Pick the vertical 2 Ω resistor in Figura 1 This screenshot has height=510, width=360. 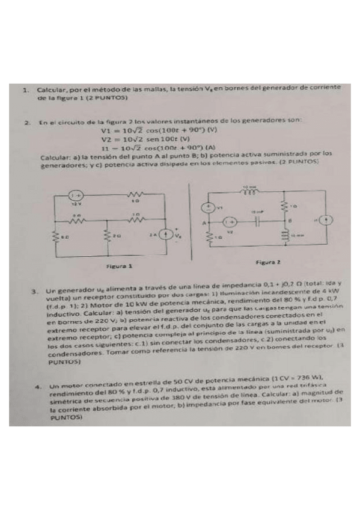[x=107, y=236]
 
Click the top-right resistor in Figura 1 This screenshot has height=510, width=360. [x=133, y=196]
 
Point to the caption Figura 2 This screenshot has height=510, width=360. [x=267, y=263]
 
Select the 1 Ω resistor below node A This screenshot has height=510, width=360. [x=209, y=237]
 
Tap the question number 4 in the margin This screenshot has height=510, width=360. [x=37, y=387]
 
